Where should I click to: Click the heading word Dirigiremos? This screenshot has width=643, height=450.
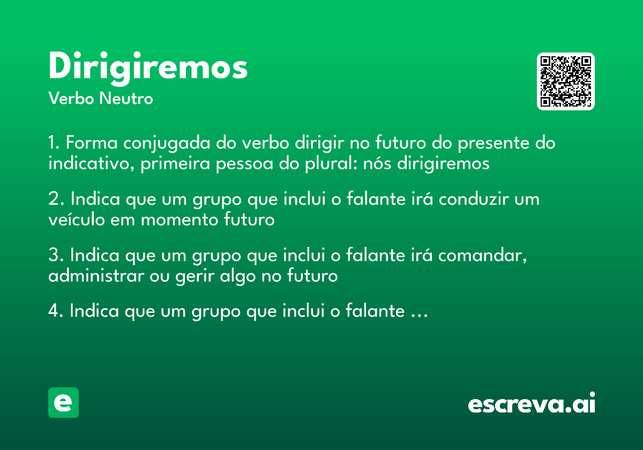coord(148,67)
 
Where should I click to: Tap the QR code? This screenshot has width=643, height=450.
coord(566,81)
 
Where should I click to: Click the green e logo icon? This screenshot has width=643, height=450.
coord(63,402)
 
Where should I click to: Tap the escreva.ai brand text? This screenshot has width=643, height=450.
coord(532,404)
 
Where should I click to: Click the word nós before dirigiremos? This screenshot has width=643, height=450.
coord(378,163)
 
